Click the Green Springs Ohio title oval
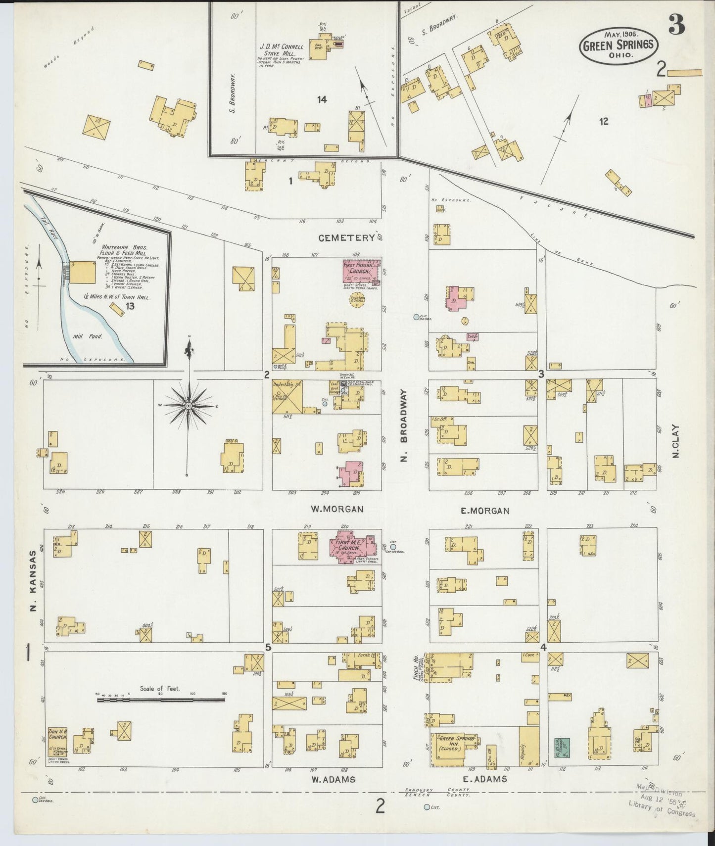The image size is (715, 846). coord(619,46)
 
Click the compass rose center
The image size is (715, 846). coord(189,406)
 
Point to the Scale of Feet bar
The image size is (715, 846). coord(160,699)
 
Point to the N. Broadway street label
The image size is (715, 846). coord(404,425)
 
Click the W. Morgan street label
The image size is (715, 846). coord(337,509)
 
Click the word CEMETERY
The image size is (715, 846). coord(346,238)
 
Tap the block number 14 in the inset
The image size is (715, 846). coord(322,99)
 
